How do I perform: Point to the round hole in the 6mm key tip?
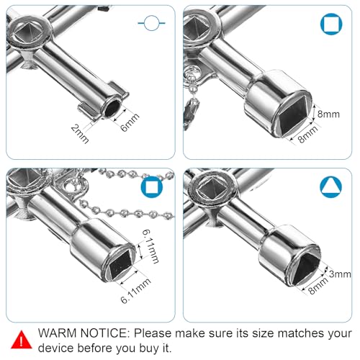[x=113, y=109]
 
